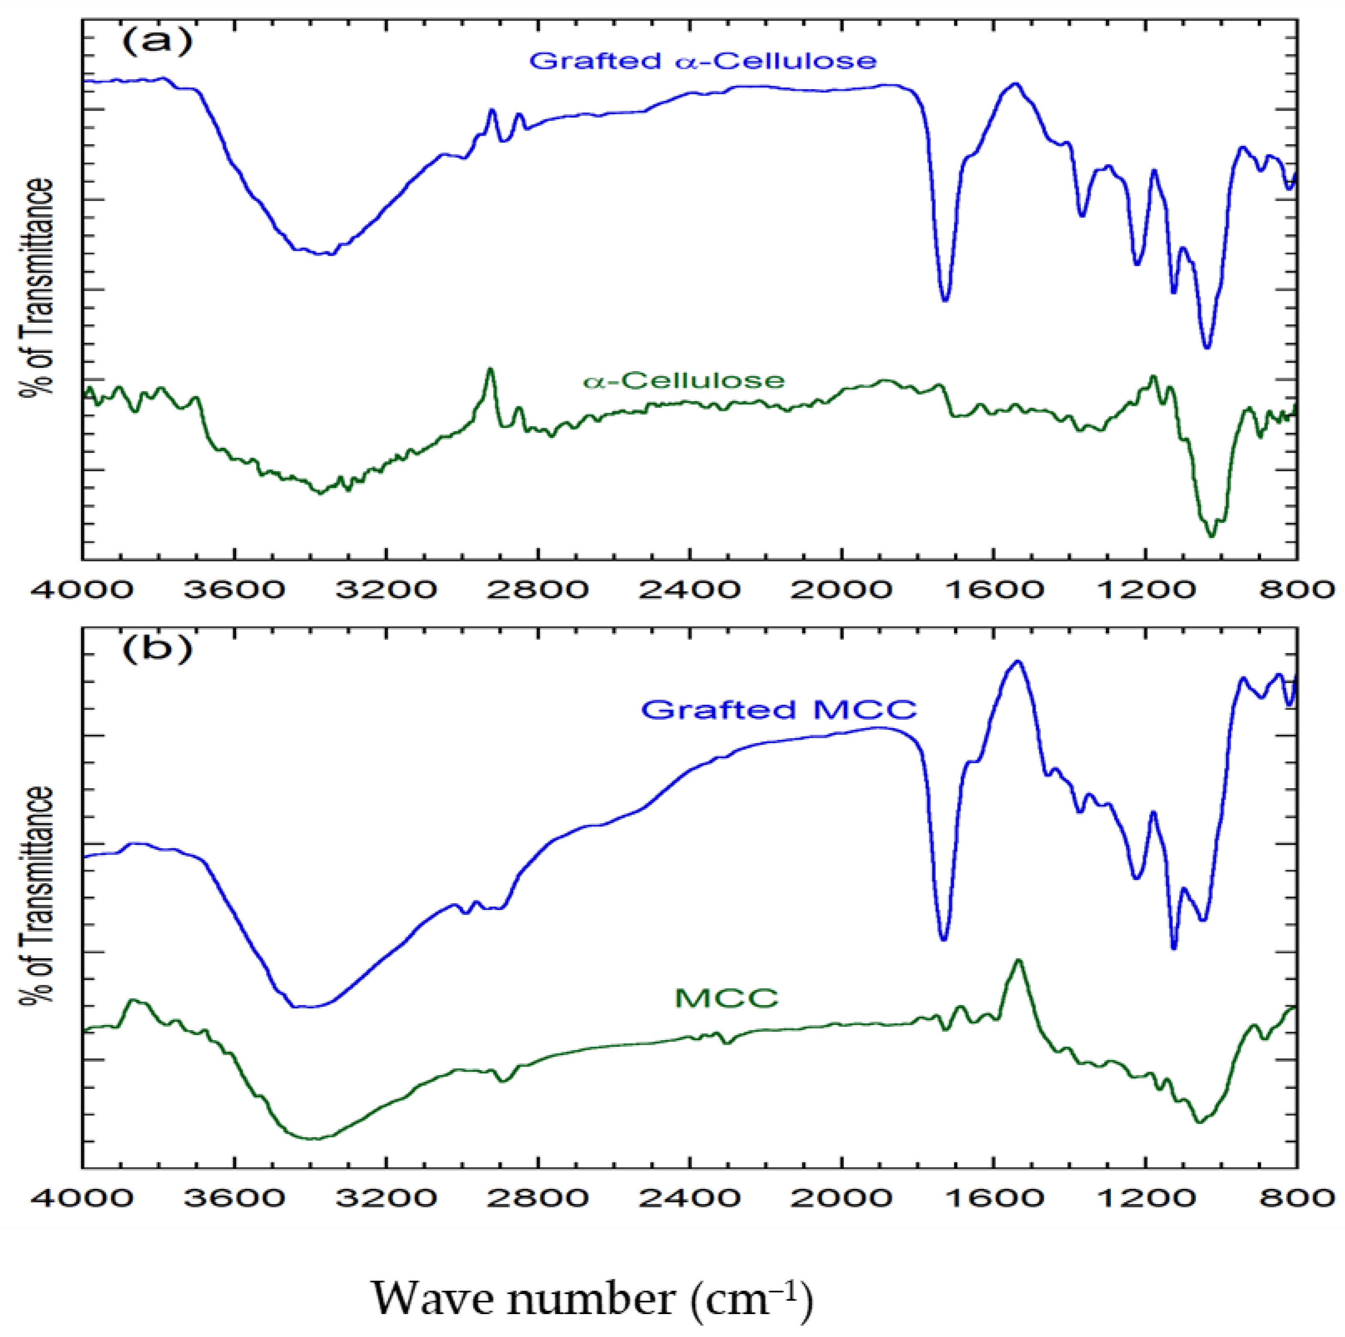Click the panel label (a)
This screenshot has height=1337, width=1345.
click(x=156, y=43)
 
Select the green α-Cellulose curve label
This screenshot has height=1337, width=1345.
click(x=684, y=380)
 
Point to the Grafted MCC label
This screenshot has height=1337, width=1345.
click(x=779, y=709)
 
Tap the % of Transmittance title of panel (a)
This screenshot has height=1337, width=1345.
click(x=36, y=287)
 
